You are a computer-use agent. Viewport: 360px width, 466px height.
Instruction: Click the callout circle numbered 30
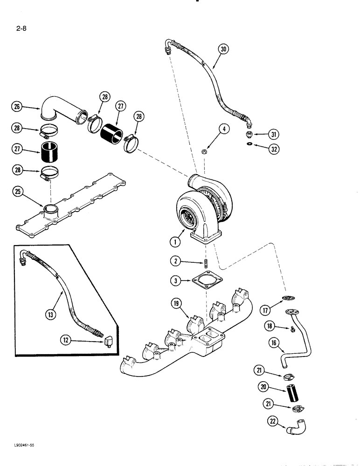coord(223,49)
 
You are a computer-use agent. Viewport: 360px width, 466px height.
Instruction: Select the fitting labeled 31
coord(250,135)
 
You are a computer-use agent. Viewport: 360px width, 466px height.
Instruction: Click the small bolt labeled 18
coord(292,329)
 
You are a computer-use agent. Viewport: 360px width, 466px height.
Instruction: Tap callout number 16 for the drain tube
coord(275,344)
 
